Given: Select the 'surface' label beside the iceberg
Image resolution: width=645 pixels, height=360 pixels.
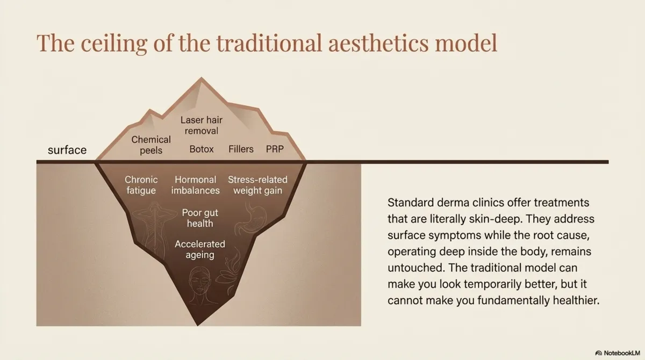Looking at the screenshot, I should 67,150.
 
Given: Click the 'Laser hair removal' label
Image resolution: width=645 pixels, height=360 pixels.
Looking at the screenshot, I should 202,125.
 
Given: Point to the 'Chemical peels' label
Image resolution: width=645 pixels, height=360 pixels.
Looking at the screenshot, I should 151,145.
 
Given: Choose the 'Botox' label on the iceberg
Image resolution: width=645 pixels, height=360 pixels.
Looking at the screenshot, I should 202,149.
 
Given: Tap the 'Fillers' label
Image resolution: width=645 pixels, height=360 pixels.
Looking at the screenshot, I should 241,149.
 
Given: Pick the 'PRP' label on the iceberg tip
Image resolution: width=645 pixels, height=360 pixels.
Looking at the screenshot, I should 275,149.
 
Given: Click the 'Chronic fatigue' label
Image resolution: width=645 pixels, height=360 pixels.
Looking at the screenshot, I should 141,185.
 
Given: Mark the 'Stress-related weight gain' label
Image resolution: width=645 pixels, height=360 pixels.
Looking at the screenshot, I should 257,185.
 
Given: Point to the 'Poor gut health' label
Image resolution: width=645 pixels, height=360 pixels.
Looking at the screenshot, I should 200,218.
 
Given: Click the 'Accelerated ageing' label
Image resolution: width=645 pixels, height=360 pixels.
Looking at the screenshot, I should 200,249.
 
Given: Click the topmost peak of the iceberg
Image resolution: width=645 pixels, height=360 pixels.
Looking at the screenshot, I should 202,79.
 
